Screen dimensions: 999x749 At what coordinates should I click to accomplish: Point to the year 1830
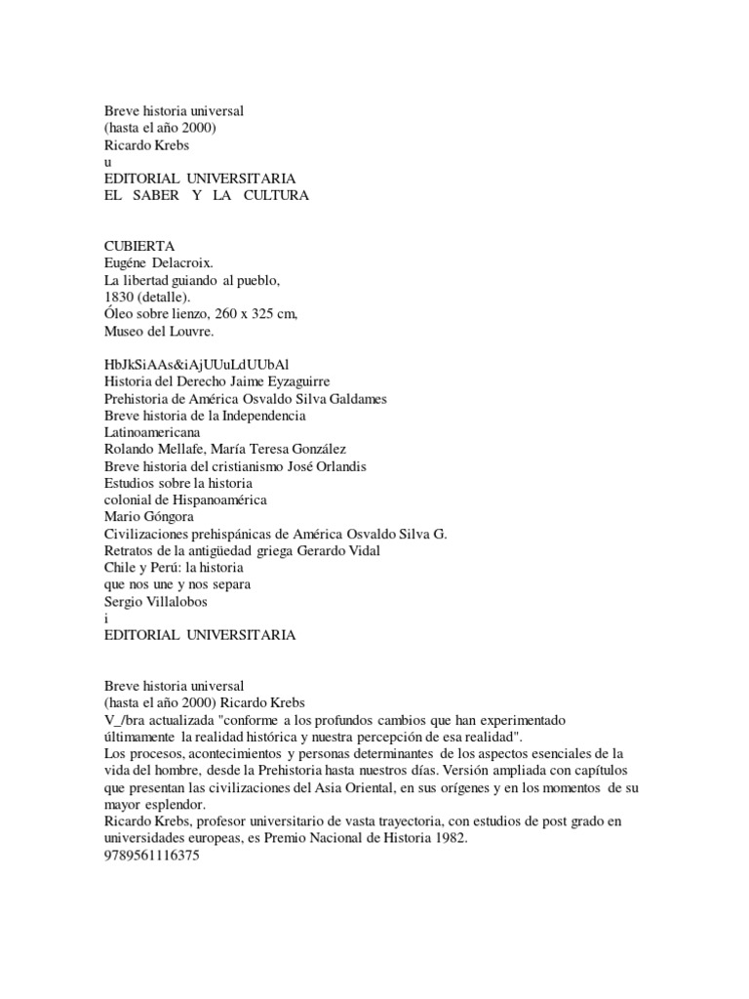(x=120, y=298)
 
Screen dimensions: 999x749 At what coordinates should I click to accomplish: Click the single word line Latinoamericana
(x=153, y=432)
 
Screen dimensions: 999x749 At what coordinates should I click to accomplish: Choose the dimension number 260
(x=211, y=314)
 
